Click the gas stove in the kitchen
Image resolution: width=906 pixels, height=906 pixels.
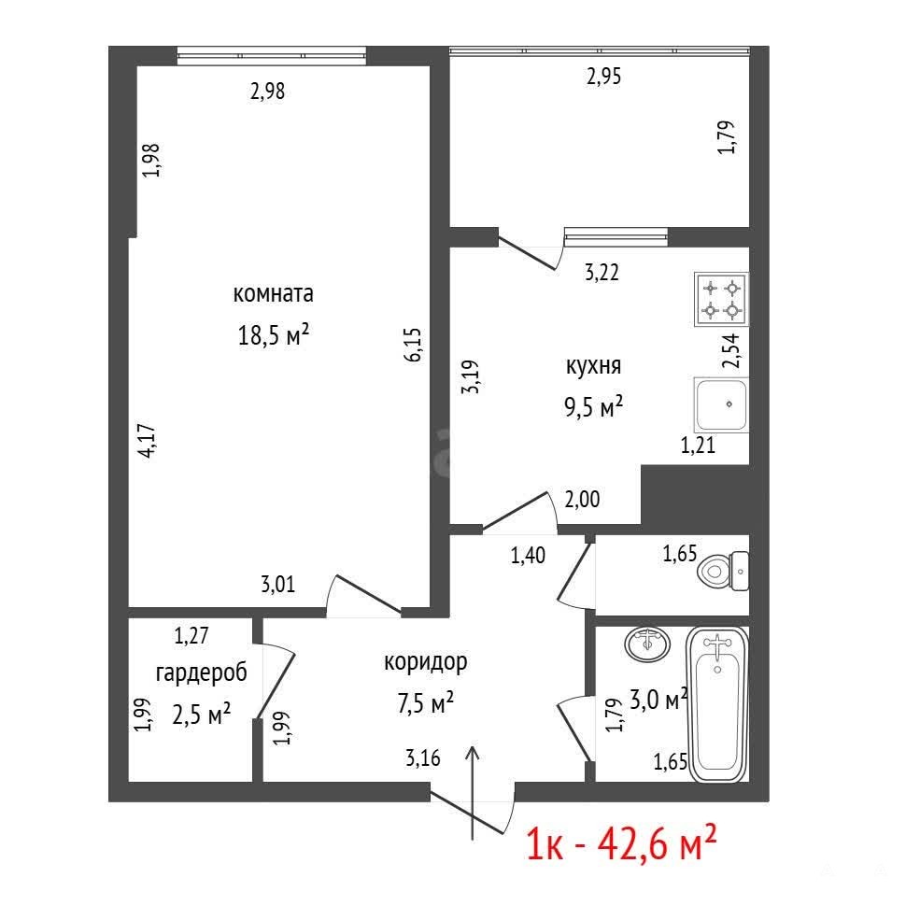coord(721,299)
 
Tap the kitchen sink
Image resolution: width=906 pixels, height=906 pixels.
coord(721,404)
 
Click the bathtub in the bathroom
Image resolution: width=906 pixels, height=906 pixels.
coord(717,704)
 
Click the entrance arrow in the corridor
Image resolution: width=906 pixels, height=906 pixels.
coord(473,792)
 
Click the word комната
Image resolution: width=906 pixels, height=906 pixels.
coord(274,293)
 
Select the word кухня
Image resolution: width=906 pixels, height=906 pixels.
coord(593,366)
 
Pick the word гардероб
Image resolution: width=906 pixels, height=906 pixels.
coord(202,672)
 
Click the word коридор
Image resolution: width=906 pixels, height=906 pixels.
coord(425,662)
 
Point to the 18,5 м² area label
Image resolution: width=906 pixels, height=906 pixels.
coord(274,334)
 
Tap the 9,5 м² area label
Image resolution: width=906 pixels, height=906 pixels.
coord(593,407)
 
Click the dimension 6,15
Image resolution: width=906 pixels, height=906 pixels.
coord(413,345)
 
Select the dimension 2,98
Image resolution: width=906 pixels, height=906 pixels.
coord(267,92)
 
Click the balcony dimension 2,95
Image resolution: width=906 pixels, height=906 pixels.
coord(603,77)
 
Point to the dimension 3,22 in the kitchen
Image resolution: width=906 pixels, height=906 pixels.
coord(602,272)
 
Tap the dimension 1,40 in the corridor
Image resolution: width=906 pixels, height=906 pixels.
coord(528,555)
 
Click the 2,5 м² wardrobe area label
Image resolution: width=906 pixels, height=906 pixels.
coord(202,715)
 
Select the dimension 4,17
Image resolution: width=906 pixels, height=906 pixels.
coord(148,441)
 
